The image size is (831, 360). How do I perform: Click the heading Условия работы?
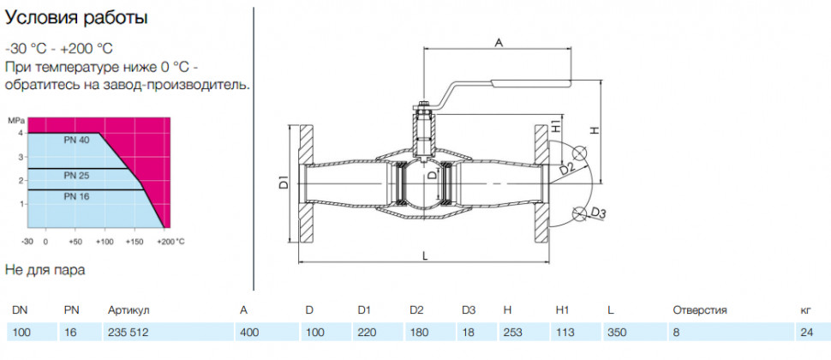click(75, 19)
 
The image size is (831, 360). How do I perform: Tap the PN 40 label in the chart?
click(77, 141)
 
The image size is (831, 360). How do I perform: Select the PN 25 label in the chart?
click(77, 176)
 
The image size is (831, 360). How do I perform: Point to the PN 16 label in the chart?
click(77, 196)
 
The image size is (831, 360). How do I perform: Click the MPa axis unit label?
click(15, 121)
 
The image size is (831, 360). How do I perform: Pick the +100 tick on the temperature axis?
click(105, 242)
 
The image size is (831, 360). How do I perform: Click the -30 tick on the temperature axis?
click(27, 242)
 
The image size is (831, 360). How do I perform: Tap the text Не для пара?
click(45, 270)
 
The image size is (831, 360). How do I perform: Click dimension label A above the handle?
click(499, 43)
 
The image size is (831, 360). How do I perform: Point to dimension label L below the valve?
click(426, 255)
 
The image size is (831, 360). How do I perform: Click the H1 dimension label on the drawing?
click(555, 126)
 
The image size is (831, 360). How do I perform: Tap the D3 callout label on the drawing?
click(598, 213)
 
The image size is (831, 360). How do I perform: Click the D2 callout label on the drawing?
click(566, 169)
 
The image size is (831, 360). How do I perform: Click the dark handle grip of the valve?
click(531, 82)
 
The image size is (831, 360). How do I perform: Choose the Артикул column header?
click(130, 310)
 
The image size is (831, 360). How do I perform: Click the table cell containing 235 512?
click(128, 333)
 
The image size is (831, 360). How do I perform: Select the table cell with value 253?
click(513, 333)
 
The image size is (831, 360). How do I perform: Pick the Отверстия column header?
click(700, 310)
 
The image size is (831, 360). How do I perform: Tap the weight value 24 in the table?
click(807, 333)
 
